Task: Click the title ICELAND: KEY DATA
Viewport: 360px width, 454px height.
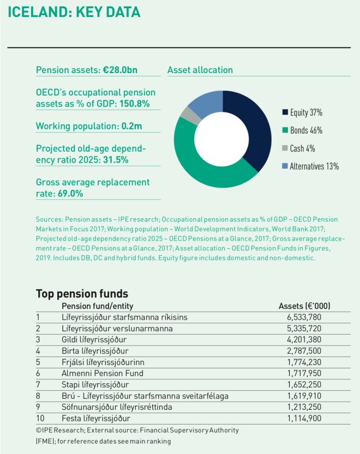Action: click(x=74, y=12)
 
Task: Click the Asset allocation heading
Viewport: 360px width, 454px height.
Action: click(x=200, y=70)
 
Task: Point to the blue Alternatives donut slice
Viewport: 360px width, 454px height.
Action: click(x=206, y=101)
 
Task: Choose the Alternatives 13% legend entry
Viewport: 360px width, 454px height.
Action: click(x=310, y=166)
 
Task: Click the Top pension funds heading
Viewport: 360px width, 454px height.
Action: click(x=82, y=293)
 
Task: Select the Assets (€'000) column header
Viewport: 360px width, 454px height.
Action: click(x=304, y=306)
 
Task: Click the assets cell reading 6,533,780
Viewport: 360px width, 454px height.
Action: click(x=304, y=317)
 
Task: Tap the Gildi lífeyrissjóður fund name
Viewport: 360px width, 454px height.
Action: click(x=96, y=339)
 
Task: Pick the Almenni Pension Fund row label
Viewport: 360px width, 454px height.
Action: click(x=103, y=373)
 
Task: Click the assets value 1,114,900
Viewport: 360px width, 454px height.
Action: click(x=304, y=419)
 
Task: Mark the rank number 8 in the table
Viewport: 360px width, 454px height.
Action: click(x=38, y=396)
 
